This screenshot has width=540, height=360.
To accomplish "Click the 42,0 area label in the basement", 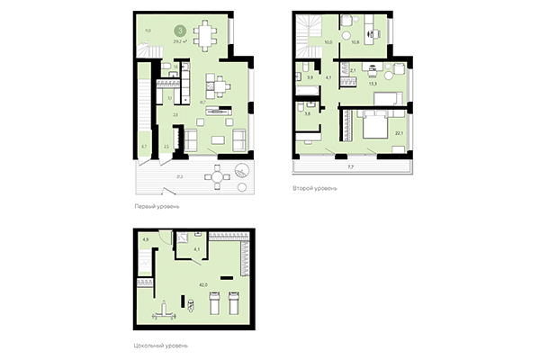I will tap(203, 285).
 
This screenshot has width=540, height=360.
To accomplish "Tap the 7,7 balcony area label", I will tap(351, 168).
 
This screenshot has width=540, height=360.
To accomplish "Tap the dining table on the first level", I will tap(208, 37).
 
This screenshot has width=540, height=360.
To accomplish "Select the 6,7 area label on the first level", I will tap(144, 146).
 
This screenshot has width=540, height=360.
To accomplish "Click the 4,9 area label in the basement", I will tap(146, 238).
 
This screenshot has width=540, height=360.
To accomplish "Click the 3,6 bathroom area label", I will tap(308, 113).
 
